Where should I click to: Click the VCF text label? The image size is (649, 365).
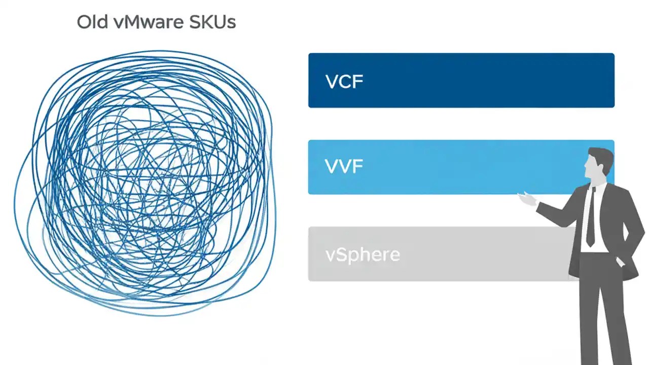(344, 81)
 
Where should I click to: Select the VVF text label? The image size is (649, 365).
(344, 167)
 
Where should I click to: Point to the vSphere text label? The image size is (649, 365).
(362, 254)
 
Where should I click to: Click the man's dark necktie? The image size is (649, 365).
(591, 218)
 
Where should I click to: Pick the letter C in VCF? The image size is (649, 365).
(345, 81)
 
